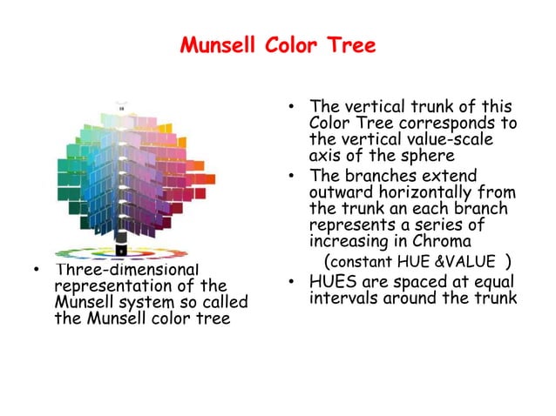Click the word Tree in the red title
(x=349, y=45)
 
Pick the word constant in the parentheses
(x=361, y=261)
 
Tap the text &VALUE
(x=469, y=261)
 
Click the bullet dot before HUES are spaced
(x=291, y=281)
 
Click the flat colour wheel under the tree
(x=120, y=255)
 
